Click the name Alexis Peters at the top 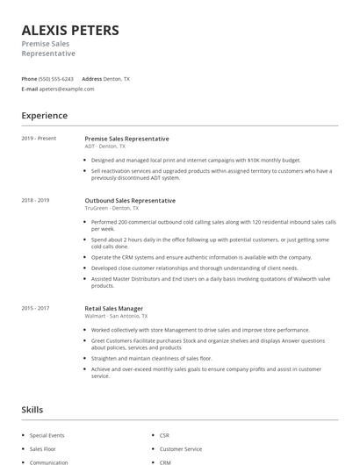pos(70,30)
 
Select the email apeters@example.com pos(67,89)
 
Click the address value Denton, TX pos(117,79)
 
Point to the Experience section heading pos(44,116)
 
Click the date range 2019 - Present pos(39,139)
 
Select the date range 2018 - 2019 pos(36,200)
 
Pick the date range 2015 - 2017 pos(36,308)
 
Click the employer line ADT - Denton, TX pos(105,147)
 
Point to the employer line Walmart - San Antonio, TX pos(116,316)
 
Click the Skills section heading pos(32,410)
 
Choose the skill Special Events pos(47,435)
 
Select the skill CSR pos(164,435)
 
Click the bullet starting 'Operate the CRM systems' pos(201,257)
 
